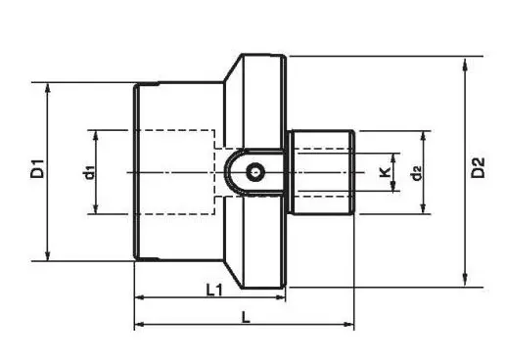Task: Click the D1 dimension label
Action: pyautogui.click(x=37, y=168)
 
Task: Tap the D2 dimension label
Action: pyautogui.click(x=478, y=167)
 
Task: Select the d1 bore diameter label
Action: pyautogui.click(x=89, y=172)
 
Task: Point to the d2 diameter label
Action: pyautogui.click(x=416, y=173)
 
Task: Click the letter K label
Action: pyautogui.click(x=386, y=171)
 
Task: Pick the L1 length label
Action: pyautogui.click(x=214, y=290)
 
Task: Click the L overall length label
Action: pyautogui.click(x=246, y=317)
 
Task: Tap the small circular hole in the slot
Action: pyautogui.click(x=254, y=171)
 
